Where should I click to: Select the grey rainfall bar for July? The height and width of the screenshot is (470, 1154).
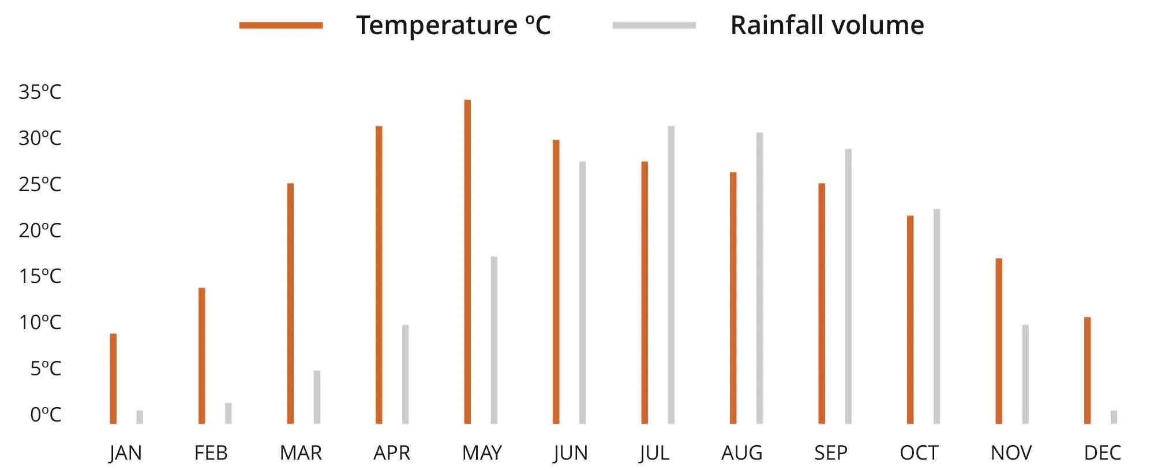(x=671, y=275)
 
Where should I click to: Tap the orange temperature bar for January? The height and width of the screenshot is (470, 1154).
(x=113, y=379)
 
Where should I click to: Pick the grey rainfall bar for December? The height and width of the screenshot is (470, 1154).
(x=1114, y=417)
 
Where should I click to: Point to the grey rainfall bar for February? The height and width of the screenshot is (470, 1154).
(x=228, y=413)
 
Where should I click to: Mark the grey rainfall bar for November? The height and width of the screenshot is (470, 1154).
(x=1025, y=374)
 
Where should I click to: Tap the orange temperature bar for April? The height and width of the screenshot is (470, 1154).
(x=379, y=275)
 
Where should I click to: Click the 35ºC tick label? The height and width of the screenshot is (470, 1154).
(x=40, y=92)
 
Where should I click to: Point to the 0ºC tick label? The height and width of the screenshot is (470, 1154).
(x=46, y=415)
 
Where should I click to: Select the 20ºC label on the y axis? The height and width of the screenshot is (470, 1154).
(x=40, y=230)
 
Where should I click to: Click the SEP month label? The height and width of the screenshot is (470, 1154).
(x=830, y=453)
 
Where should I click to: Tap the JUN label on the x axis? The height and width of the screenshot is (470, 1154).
(x=570, y=453)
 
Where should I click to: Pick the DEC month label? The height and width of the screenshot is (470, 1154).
(x=1102, y=453)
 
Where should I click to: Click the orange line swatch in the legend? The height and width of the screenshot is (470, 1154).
(x=281, y=25)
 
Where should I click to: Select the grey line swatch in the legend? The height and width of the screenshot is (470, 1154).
(x=654, y=25)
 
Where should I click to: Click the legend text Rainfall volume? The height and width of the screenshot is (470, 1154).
(x=827, y=25)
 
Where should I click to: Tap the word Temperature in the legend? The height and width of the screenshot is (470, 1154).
(x=437, y=25)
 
